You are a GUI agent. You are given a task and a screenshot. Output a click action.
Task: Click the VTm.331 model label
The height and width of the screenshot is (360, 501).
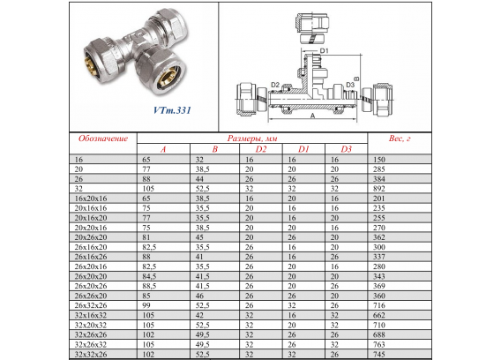click(x=172, y=110)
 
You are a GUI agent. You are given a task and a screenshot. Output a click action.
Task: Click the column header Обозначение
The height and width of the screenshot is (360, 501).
click(x=103, y=139)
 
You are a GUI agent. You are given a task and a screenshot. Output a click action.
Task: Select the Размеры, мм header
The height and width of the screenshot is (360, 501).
click(x=252, y=139)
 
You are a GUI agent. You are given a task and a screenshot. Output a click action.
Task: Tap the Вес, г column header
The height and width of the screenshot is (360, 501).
click(x=400, y=139)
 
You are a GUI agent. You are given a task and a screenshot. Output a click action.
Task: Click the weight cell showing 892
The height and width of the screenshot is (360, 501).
click(x=379, y=189)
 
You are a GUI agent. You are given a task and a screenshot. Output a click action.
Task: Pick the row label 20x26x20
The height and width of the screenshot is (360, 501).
click(x=91, y=237)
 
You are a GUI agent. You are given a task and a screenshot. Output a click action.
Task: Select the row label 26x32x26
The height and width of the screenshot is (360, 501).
click(x=91, y=305)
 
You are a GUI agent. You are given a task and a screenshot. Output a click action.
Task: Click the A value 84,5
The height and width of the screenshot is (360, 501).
click(x=149, y=276)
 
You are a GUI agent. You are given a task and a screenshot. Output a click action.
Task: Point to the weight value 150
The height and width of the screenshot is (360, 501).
click(x=379, y=160)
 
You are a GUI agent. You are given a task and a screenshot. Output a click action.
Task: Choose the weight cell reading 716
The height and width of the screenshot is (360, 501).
click(x=379, y=305)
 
